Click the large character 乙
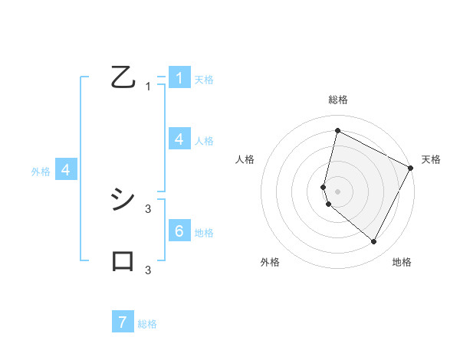coord(123,77)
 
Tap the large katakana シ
coord(123,200)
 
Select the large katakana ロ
coord(123,261)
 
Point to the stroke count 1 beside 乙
coord(148,87)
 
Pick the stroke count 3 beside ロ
coord(148,270)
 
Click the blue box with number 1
coord(179,78)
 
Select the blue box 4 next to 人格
coord(179,139)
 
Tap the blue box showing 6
coord(179,231)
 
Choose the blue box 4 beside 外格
coord(66,170)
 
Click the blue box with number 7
coord(123,322)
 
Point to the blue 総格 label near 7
coord(147,324)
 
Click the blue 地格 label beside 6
coord(204,233)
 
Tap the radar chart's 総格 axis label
coord(337,100)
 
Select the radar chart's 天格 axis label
coord(431,159)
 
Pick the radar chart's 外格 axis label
coord(270,262)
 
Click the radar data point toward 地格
coord(373,242)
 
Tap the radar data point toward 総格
coord(337,130)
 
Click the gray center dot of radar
coord(337,191)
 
